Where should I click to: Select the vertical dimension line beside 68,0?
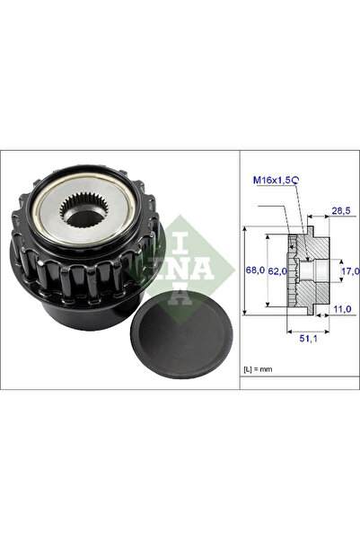point(245,270)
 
